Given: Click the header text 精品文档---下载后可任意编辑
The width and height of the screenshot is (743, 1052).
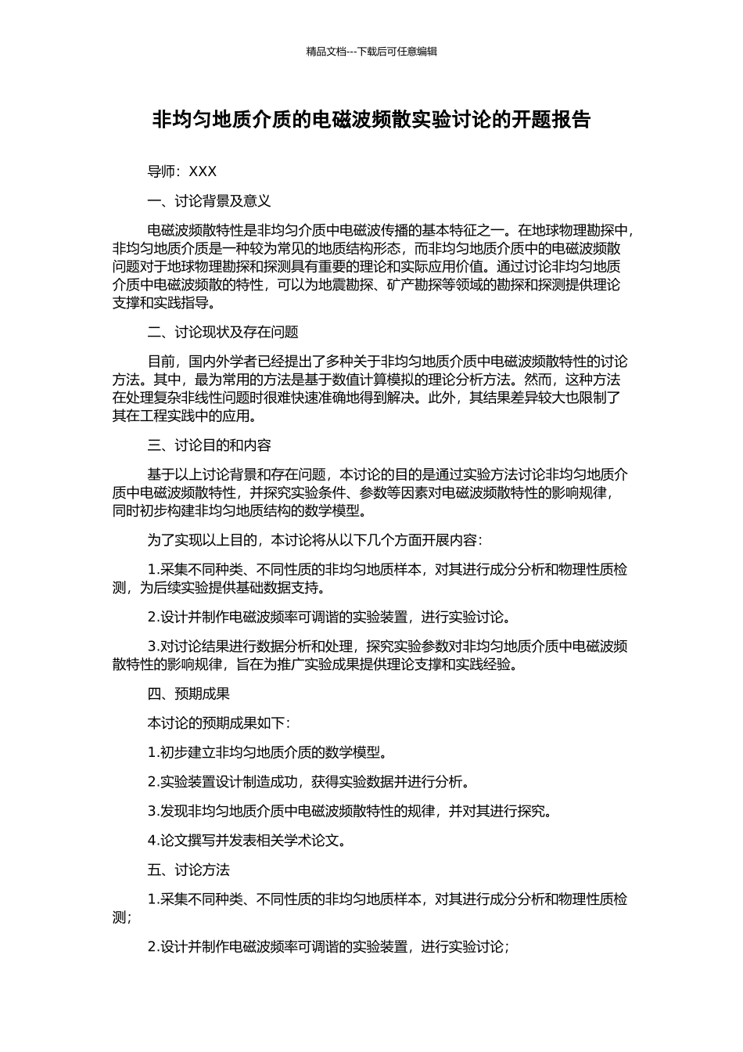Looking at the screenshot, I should (371, 52).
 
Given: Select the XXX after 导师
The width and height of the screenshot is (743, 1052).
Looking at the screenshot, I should (203, 171).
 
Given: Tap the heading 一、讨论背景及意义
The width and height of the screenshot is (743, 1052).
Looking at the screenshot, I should (209, 201).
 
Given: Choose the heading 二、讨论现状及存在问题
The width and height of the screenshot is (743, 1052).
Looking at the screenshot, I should (223, 332).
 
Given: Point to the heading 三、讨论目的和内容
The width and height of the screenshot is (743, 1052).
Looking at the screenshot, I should (209, 445).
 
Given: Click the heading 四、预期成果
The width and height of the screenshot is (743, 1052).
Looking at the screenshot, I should (188, 694).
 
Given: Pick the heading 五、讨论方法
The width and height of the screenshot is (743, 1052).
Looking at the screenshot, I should (188, 870).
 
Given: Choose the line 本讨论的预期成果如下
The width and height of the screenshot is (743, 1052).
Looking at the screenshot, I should (219, 722).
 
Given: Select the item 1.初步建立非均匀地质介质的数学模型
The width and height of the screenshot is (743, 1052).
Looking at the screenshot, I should (267, 752).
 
